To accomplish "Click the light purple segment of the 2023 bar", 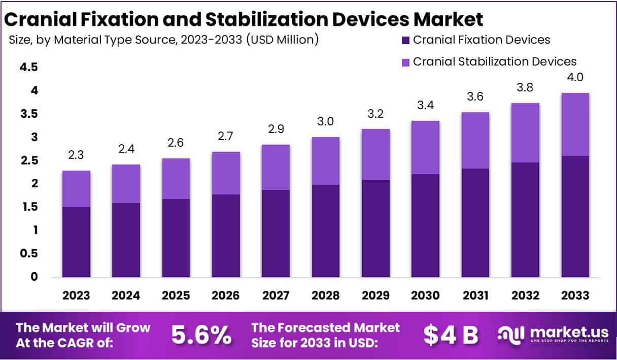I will pyautogui.click(x=76, y=189).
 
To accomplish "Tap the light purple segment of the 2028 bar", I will pyautogui.click(x=325, y=161).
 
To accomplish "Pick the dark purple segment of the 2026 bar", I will pyautogui.click(x=226, y=236).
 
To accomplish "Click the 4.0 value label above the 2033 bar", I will pyautogui.click(x=574, y=78).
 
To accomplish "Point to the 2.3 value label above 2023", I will pyautogui.click(x=76, y=155).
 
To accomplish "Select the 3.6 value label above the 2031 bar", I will pyautogui.click(x=475, y=97).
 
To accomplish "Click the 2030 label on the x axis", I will pyautogui.click(x=425, y=296).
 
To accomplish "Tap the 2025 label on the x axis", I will pyautogui.click(x=176, y=296).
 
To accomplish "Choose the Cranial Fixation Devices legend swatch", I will pyautogui.click(x=404, y=40).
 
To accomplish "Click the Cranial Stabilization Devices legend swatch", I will pyautogui.click(x=404, y=62).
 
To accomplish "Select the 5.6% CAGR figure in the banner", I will pyautogui.click(x=201, y=335).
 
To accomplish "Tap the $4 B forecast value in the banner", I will pyautogui.click(x=451, y=335).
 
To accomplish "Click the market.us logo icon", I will pyautogui.click(x=510, y=334).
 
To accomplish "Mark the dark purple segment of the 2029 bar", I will pyautogui.click(x=375, y=228).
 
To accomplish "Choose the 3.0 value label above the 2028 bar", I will pyautogui.click(x=325, y=122).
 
